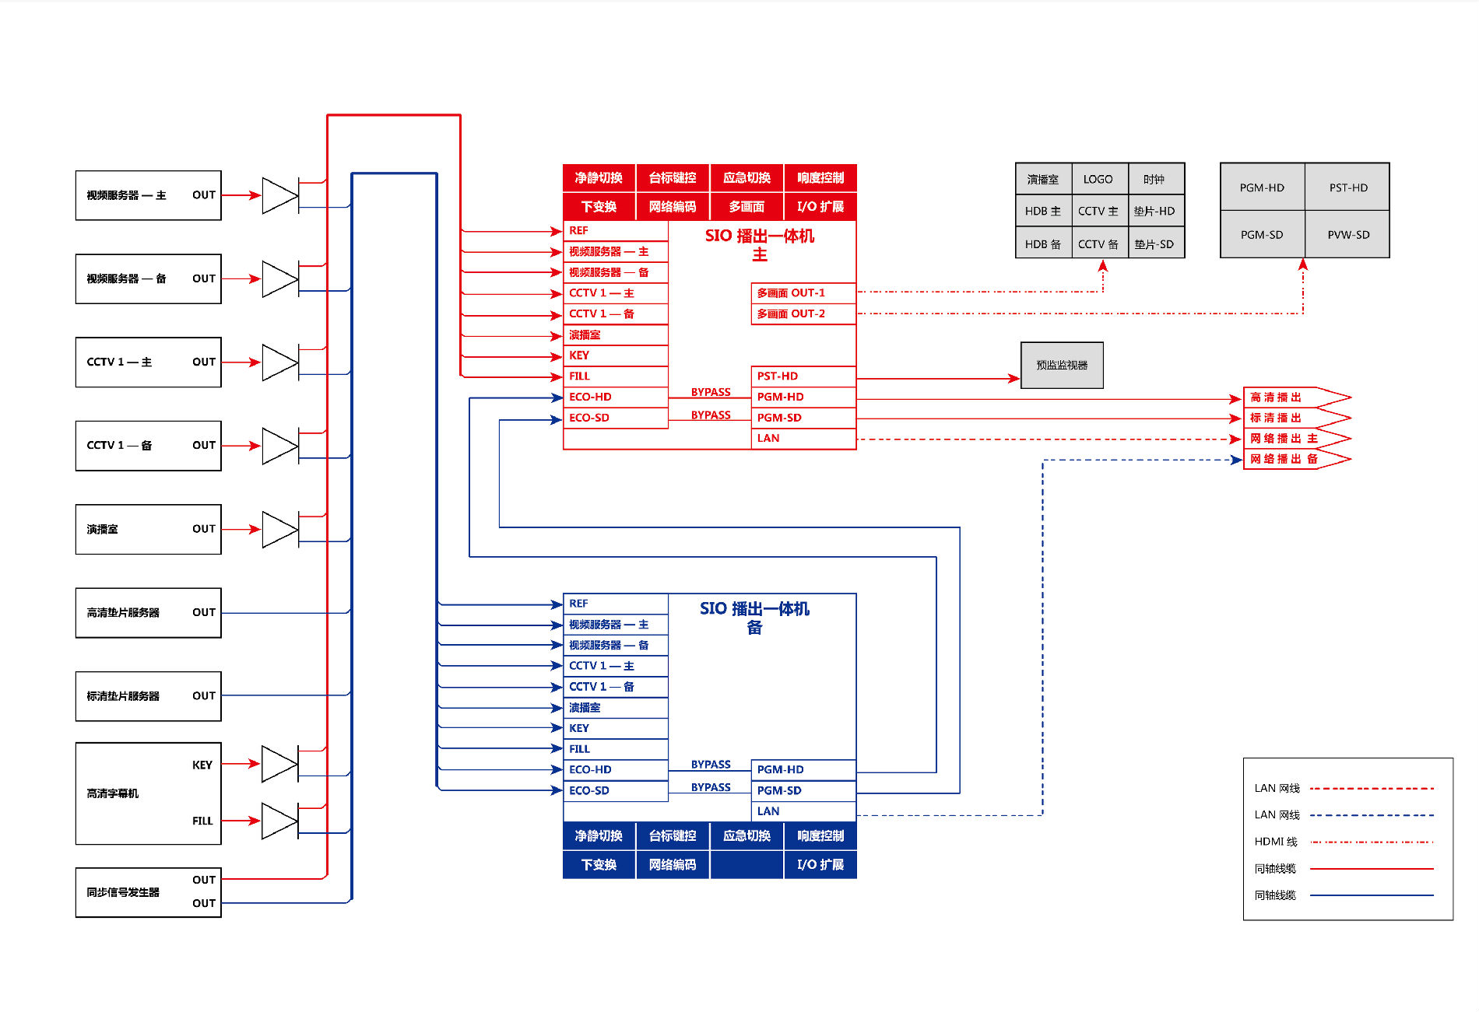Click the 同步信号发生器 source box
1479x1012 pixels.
tap(148, 892)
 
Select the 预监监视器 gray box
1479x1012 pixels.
tap(1062, 365)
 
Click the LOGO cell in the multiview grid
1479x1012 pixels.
tap(1098, 179)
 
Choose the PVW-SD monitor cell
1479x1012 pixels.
tap(1347, 234)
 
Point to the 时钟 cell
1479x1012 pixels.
tap(1155, 179)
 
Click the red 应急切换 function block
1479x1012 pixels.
tap(747, 177)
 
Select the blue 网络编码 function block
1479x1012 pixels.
tap(673, 864)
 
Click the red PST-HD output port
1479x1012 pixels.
tap(803, 376)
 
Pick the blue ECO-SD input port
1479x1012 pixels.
tap(616, 791)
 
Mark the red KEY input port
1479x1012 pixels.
tap(616, 355)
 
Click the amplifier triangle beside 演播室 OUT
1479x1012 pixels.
tap(279, 529)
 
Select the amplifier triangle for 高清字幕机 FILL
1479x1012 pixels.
tap(279, 821)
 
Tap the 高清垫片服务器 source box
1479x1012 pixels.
tap(148, 613)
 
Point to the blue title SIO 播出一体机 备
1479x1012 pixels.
tap(754, 618)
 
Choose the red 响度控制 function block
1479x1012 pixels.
tap(820, 177)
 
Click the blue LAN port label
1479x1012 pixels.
tap(768, 811)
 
